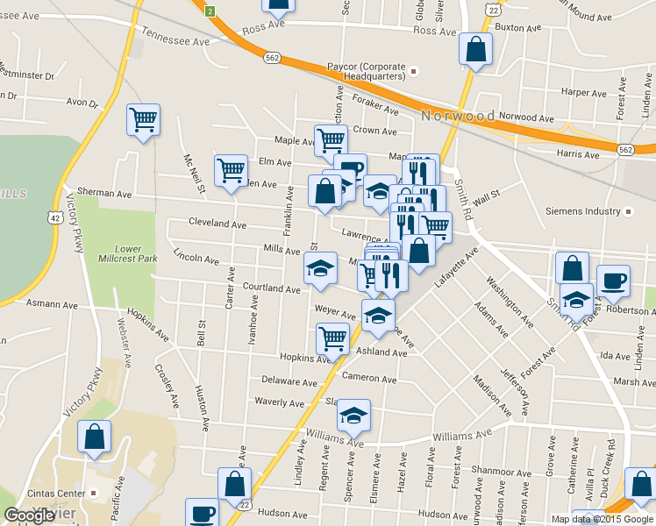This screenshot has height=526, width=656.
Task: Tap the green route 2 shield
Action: [x=210, y=11]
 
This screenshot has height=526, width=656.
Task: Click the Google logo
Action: [x=29, y=515]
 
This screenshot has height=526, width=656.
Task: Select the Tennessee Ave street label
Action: [x=176, y=40]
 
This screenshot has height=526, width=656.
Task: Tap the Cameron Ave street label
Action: [x=369, y=378]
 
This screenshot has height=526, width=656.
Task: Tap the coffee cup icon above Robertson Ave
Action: [x=613, y=281]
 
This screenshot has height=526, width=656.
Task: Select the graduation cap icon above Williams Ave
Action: [x=353, y=415]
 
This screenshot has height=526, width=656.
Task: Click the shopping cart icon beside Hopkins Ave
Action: [x=332, y=338]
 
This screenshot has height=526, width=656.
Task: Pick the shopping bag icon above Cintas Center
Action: [x=94, y=437]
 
